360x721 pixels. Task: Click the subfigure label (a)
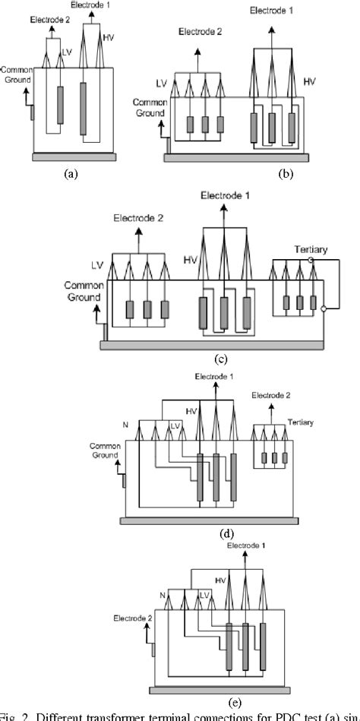point(71,173)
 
